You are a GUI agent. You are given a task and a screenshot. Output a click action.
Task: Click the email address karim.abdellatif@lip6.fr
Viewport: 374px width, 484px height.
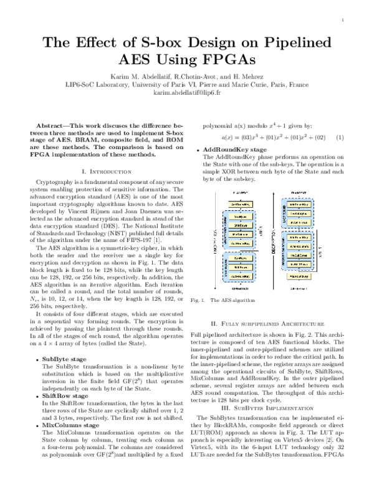click(x=186, y=92)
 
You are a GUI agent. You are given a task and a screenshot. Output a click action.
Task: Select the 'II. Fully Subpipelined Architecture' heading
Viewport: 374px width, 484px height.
click(x=267, y=324)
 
